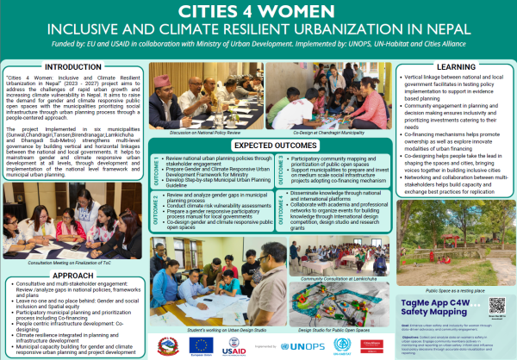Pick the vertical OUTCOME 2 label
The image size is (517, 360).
click(156, 211)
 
